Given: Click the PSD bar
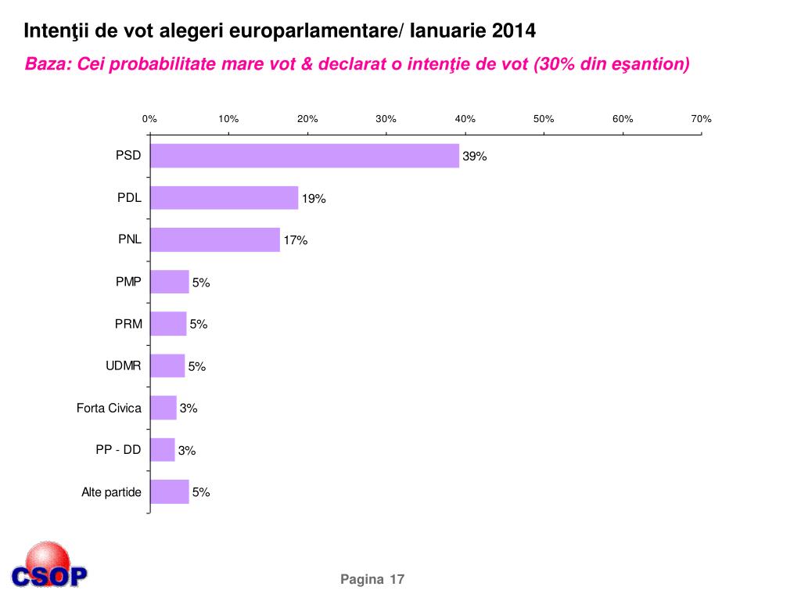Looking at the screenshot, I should click(304, 156).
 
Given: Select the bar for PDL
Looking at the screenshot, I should click(224, 198).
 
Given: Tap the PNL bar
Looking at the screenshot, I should click(214, 239).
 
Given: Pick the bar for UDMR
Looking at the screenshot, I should click(167, 365).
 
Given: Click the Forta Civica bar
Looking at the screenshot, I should click(163, 408).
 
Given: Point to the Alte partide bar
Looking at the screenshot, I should click(169, 491).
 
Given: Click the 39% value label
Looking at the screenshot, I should click(475, 157).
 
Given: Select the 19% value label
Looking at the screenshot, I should click(314, 199).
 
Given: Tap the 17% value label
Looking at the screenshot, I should click(296, 241).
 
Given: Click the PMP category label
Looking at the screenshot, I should click(129, 281).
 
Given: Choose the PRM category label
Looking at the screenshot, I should click(129, 323).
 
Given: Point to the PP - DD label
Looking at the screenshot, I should click(118, 449).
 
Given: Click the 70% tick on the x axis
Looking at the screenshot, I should click(701, 119).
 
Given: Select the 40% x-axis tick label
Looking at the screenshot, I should click(465, 119).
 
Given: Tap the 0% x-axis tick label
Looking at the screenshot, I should click(149, 119).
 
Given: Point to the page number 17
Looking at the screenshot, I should click(397, 579).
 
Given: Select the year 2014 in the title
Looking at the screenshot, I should click(514, 31).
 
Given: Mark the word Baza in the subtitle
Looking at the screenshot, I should click(46, 63).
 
